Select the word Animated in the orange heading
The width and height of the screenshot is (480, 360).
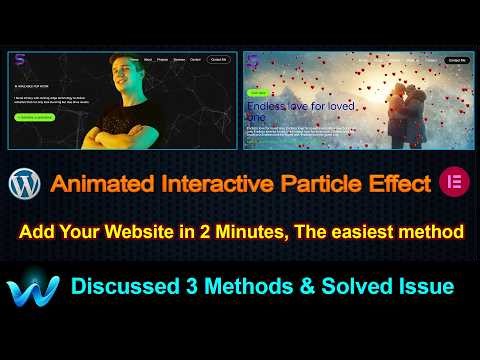tap(94, 184)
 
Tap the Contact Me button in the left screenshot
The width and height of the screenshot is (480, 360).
tap(219, 60)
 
